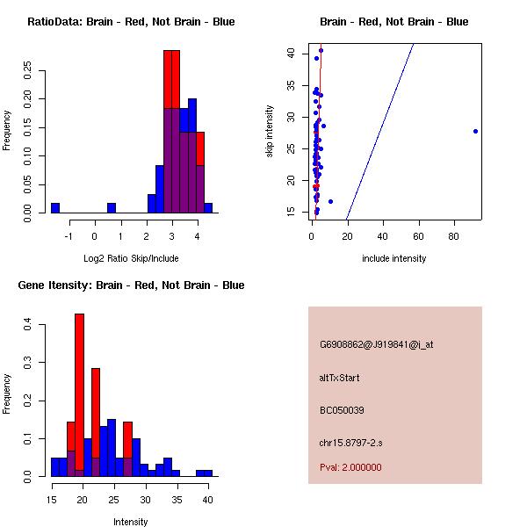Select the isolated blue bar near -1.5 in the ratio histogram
(55, 208)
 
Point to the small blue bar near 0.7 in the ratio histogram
(112, 208)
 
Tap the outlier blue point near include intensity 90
(475, 131)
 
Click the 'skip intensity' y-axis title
(270, 132)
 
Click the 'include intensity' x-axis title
(394, 258)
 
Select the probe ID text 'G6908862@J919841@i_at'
(377, 344)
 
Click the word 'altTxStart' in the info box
(340, 378)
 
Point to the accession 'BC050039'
(342, 410)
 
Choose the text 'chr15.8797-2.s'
(349, 443)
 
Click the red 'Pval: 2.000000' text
(350, 467)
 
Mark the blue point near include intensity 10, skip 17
(330, 201)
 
